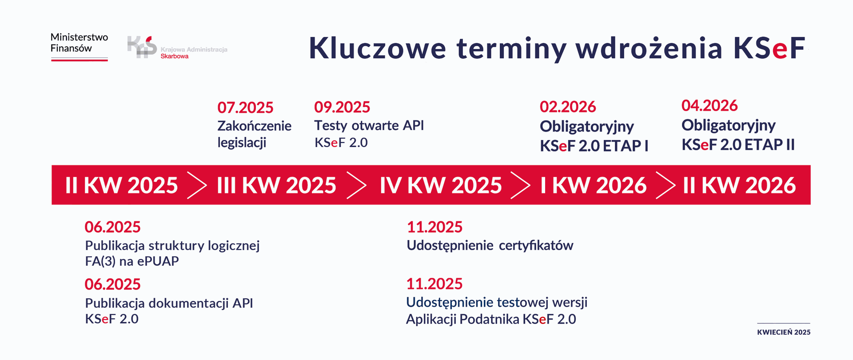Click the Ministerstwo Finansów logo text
79,43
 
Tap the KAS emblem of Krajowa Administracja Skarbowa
142,47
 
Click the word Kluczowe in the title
377,48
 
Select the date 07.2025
245,108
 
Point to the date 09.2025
342,107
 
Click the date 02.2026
568,107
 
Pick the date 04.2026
710,105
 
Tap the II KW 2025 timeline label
121,185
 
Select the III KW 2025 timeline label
276,185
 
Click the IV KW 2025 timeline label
441,185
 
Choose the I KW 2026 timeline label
593,185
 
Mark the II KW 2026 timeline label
739,185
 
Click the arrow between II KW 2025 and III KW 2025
197,185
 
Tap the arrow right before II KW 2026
666,185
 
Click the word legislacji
242,143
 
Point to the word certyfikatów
536,245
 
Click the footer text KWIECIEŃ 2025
784,332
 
